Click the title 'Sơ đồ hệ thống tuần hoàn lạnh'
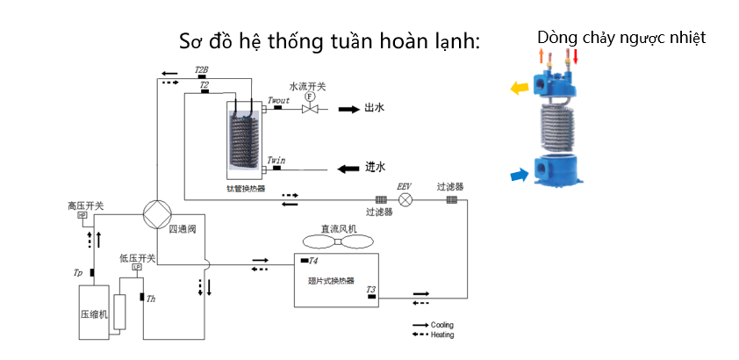[329, 41]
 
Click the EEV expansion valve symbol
[405, 199]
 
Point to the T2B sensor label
[201, 68]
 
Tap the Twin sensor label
[275, 159]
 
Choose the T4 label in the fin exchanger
[313, 261]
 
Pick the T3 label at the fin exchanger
[370, 289]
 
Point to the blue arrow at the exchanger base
[521, 176]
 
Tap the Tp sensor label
[78, 272]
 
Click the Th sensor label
[151, 299]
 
